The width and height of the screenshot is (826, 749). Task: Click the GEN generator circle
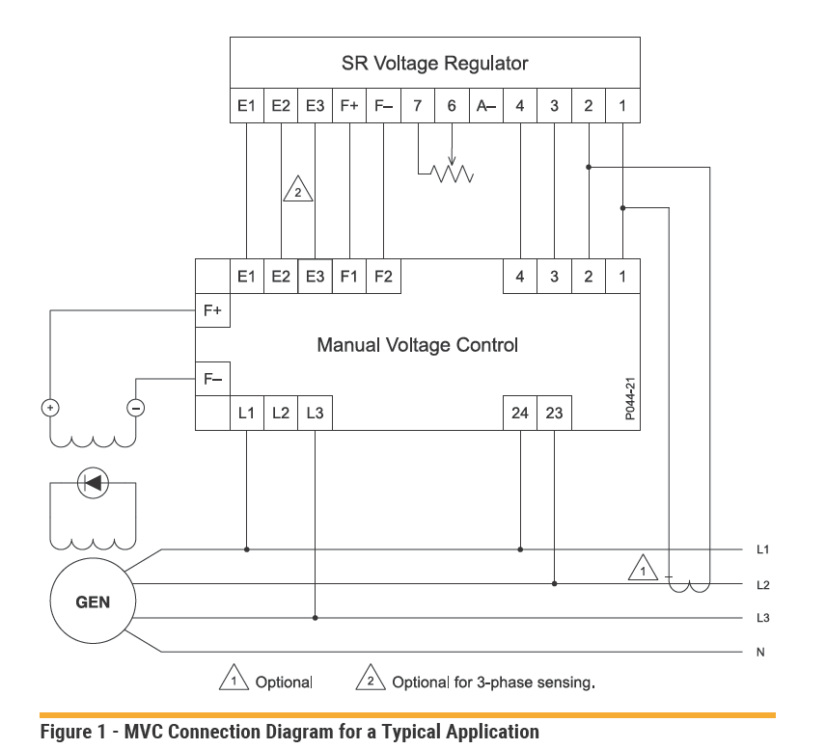click(93, 602)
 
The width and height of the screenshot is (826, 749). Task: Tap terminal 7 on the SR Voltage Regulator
click(417, 106)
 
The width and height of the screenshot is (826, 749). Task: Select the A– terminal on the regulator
click(485, 106)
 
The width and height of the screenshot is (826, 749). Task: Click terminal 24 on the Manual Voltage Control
click(520, 415)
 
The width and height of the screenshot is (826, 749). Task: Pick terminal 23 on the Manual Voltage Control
click(554, 415)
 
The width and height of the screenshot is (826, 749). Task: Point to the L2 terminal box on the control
click(281, 415)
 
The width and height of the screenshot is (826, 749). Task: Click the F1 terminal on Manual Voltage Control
click(349, 277)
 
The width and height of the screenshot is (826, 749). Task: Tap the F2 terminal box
click(383, 277)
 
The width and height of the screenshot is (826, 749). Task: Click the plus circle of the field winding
click(49, 408)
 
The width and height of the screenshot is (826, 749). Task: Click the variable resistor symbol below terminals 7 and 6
click(451, 174)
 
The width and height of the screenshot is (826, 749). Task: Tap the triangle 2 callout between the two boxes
click(298, 190)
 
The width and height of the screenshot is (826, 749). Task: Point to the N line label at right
click(760, 653)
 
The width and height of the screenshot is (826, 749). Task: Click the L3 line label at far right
click(762, 618)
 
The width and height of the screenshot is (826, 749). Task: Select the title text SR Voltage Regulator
click(434, 64)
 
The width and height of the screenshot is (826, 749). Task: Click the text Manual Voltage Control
click(417, 344)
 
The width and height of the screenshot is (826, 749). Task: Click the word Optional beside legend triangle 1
click(284, 682)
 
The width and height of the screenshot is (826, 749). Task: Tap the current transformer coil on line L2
click(689, 584)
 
